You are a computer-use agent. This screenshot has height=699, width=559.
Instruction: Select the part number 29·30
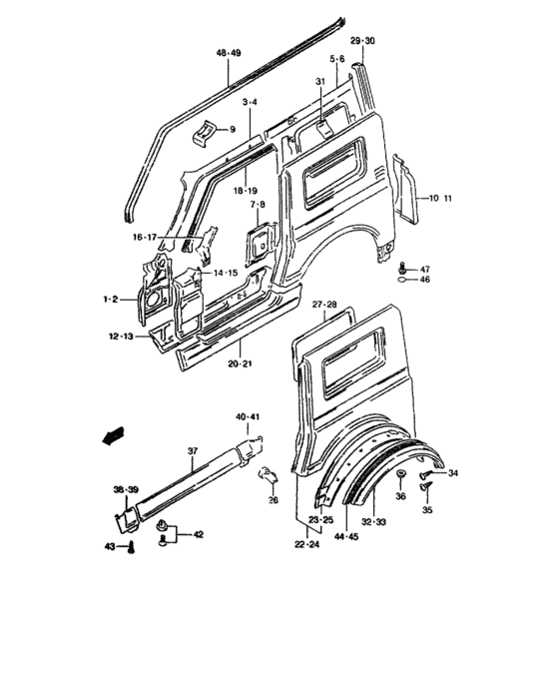[362, 40]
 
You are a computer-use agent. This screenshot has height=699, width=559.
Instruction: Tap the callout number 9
[232, 129]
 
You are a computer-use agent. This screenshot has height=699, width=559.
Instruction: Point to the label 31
[320, 83]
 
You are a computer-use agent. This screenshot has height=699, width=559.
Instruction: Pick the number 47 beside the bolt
[424, 270]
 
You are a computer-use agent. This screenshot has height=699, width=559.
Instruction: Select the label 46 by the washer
[424, 282]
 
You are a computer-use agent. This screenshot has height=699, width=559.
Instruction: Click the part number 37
[194, 450]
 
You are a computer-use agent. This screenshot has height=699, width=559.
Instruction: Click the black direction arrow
[114, 436]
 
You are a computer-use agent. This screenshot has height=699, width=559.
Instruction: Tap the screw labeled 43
[131, 545]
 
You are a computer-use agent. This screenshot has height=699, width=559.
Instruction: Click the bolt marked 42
[163, 538]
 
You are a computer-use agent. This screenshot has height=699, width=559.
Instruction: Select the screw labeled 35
[424, 488]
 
